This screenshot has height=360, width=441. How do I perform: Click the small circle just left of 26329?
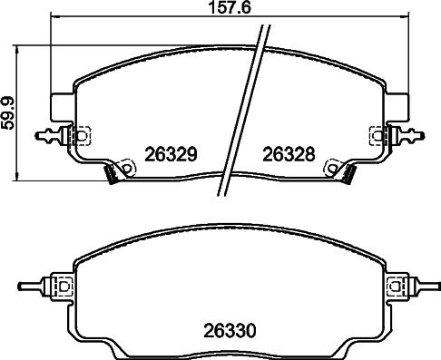128,168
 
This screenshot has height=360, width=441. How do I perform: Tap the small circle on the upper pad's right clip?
372,138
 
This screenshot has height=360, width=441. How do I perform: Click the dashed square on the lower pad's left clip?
65,286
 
